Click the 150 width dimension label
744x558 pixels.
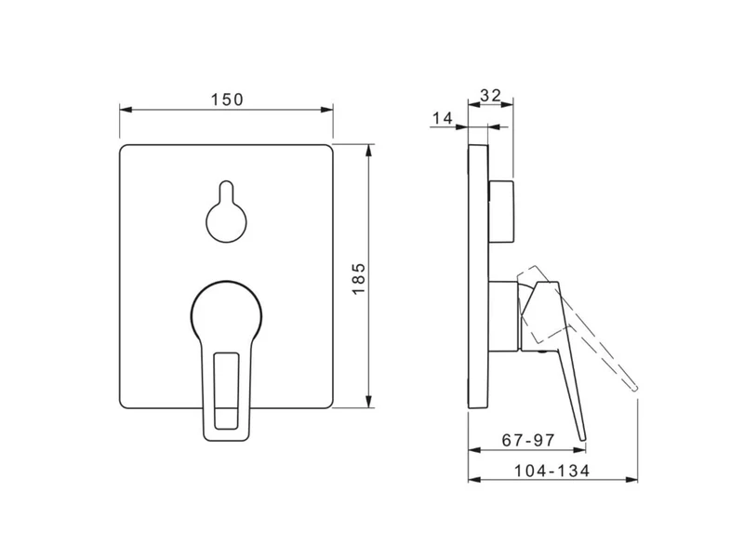(227, 100)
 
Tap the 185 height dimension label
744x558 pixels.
(359, 278)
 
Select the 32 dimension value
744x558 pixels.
(490, 96)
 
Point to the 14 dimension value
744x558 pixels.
(443, 118)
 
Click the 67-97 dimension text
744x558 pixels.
(528, 440)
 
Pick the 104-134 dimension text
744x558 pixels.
(552, 471)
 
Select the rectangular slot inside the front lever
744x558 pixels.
(227, 391)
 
